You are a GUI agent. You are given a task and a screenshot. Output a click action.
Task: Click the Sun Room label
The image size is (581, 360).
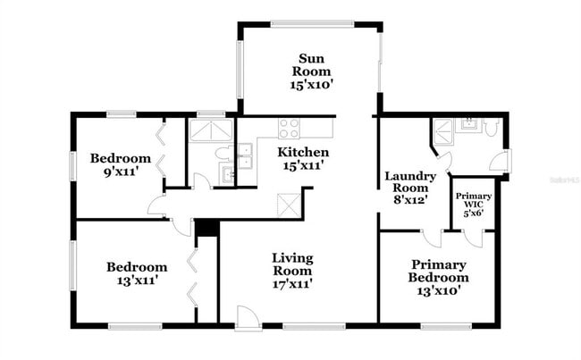coord(310,71)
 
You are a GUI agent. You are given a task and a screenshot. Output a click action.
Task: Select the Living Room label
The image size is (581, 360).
coord(292,271)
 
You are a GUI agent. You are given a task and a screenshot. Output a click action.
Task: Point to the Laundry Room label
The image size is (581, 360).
coord(410,188)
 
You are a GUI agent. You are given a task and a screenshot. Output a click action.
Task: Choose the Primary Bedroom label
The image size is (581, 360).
coord(439,277)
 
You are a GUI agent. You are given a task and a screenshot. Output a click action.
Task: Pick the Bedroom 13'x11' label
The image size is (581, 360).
coord(136,273)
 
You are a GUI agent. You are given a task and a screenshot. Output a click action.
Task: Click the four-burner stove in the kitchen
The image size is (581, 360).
coord(289,128)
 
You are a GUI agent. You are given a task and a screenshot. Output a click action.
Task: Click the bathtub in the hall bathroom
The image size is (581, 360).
coord(212,130)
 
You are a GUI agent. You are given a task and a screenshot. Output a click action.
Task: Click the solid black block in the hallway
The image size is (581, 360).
coord(206,228)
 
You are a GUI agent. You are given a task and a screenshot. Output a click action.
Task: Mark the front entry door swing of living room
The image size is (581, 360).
coord(248,317)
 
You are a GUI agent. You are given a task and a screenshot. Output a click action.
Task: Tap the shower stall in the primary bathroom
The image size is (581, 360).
coord(443,131)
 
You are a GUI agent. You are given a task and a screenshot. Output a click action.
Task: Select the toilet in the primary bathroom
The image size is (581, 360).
coord(492,127)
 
